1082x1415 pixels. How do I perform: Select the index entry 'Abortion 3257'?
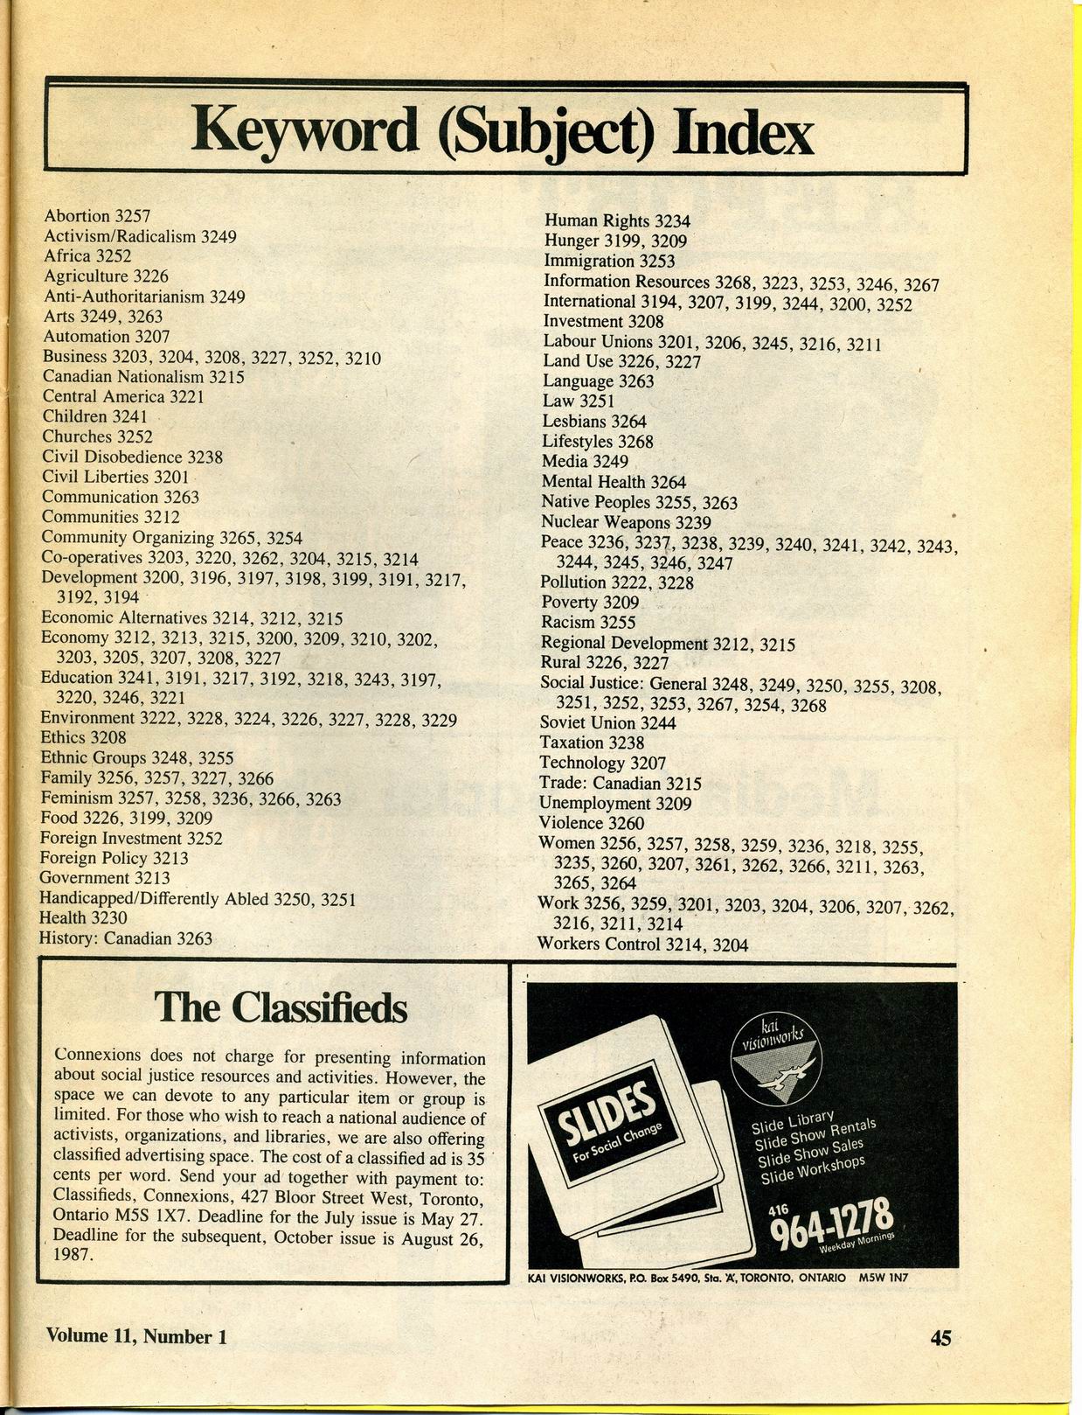[97, 216]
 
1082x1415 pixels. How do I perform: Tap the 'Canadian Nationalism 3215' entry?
[142, 377]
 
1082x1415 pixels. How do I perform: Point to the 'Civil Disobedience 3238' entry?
[132, 457]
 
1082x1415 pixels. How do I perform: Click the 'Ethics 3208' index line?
[83, 737]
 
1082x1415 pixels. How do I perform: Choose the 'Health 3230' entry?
[82, 917]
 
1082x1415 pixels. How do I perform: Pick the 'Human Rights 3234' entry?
[617, 221]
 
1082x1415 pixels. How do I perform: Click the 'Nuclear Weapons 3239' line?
[626, 522]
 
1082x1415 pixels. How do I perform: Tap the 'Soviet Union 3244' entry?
[607, 723]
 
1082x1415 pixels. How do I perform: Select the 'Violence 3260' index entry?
[592, 823]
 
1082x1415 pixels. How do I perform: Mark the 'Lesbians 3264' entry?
[594, 422]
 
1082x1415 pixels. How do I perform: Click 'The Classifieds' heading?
[281, 1007]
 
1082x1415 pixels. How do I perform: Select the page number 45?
[940, 1337]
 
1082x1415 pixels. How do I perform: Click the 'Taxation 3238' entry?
[592, 742]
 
